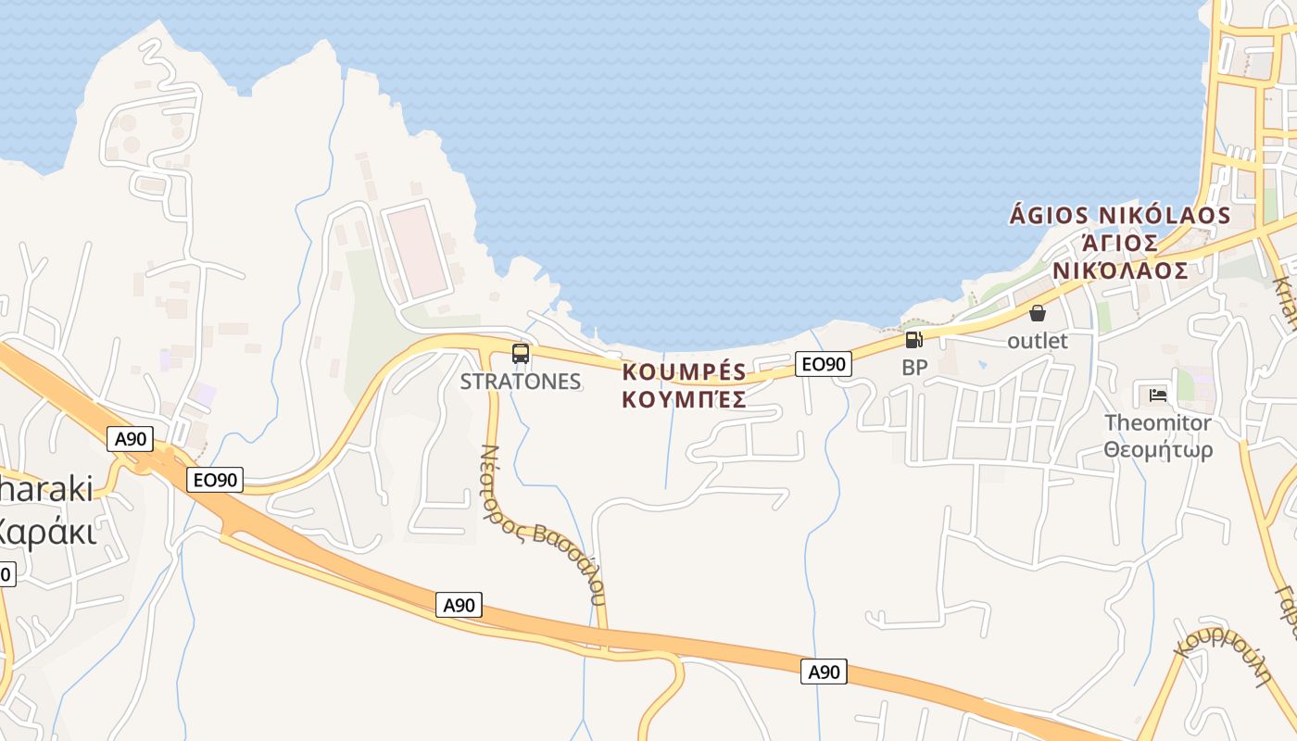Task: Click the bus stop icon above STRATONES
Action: coord(521,353)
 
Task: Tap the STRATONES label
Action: coord(521,382)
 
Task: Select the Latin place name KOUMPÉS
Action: coord(685,372)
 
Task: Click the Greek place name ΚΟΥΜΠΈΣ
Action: coord(685,400)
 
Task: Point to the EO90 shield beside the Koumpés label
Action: coord(823,364)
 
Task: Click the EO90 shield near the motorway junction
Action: coord(215,480)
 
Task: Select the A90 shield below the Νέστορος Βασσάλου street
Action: coord(459,606)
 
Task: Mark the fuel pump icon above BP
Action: coord(914,340)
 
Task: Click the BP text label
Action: coord(914,368)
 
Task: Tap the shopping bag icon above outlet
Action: coord(1038,313)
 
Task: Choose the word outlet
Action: coord(1038,341)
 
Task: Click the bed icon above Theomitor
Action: coord(1158,396)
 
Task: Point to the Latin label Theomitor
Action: coord(1158,423)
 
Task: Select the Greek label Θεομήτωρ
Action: coord(1158,450)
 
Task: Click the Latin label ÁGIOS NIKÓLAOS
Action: coord(1119,216)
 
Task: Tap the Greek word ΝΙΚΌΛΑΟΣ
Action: coord(1119,270)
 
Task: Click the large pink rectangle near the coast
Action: coord(418,251)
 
